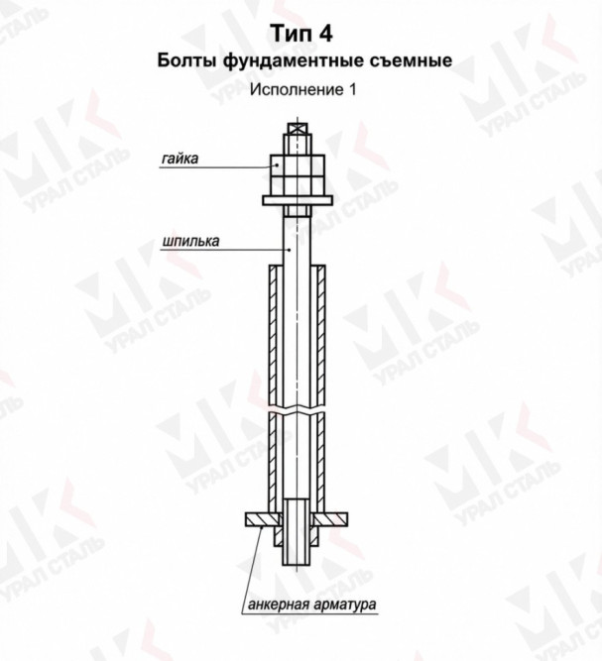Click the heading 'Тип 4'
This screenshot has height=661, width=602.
tap(301, 34)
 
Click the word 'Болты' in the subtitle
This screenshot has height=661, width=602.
tap(187, 60)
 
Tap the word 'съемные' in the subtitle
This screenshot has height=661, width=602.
tap(411, 61)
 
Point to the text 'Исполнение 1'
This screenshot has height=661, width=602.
tap(302, 89)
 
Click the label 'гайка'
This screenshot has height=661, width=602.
tap(180, 159)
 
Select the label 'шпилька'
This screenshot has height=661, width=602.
tap(190, 241)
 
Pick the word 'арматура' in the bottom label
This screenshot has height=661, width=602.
tap(345, 605)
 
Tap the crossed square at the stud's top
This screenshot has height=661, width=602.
tap(298, 129)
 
